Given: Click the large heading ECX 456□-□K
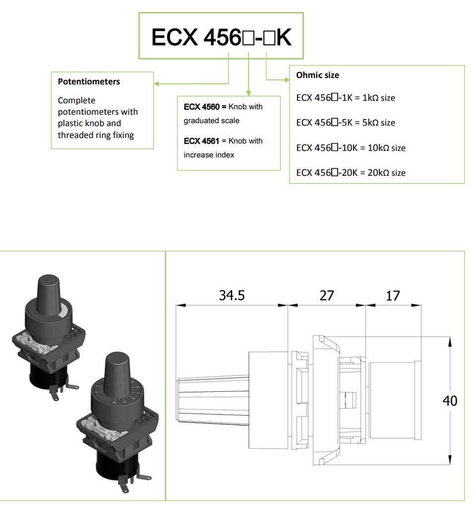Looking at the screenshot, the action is click(x=222, y=37).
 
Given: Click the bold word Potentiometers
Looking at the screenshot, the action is click(x=89, y=81).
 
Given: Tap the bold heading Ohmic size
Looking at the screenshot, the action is click(x=317, y=75).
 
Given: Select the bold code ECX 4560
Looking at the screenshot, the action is click(x=201, y=107).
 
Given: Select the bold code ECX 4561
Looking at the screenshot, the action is click(x=201, y=141).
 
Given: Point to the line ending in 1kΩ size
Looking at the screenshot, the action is click(x=346, y=97).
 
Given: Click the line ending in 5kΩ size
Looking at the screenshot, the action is click(x=346, y=123).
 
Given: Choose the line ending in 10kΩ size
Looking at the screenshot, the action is click(x=351, y=147).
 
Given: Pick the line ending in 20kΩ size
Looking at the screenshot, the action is click(x=351, y=172).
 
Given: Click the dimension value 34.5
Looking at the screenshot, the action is click(x=232, y=295).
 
